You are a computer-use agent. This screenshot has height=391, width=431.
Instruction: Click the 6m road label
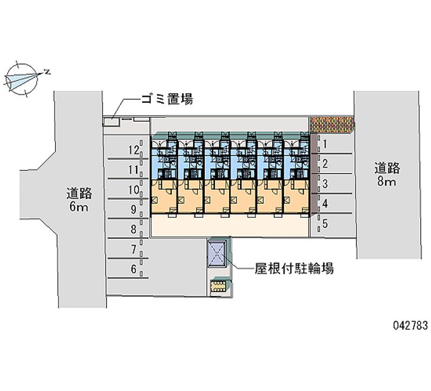(79, 199)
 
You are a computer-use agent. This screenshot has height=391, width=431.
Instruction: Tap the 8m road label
(387, 174)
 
